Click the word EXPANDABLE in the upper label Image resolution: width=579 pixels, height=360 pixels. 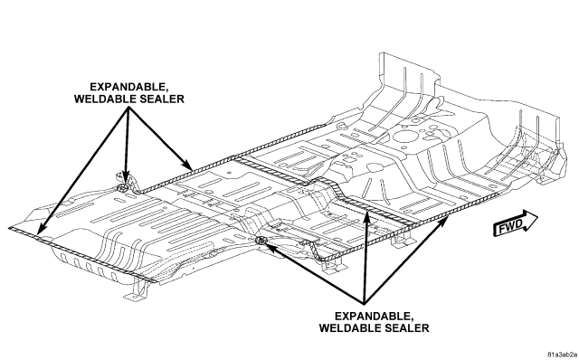tap(129, 87)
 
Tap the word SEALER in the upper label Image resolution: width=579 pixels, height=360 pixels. tap(161, 99)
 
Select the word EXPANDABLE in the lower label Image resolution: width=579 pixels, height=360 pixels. tap(374, 317)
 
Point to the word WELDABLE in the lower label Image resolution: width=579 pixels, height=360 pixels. tap(350, 328)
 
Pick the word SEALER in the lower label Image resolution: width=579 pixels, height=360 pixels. tap(406, 328)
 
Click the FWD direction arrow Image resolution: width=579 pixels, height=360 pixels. tap(516, 223)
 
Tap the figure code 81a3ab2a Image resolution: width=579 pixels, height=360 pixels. tap(563, 355)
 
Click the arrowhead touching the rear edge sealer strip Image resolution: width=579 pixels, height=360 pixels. tap(43, 229)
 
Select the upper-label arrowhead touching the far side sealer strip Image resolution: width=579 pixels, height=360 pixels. tap(187, 165)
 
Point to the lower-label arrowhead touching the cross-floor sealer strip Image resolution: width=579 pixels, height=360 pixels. tap(366, 216)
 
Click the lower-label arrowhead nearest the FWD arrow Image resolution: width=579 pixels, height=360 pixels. tap(444, 223)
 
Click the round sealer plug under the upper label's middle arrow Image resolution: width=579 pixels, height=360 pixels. tap(122, 188)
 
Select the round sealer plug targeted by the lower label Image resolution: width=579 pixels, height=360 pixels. tap(261, 242)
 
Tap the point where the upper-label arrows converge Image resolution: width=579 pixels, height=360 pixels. tap(128, 108)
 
